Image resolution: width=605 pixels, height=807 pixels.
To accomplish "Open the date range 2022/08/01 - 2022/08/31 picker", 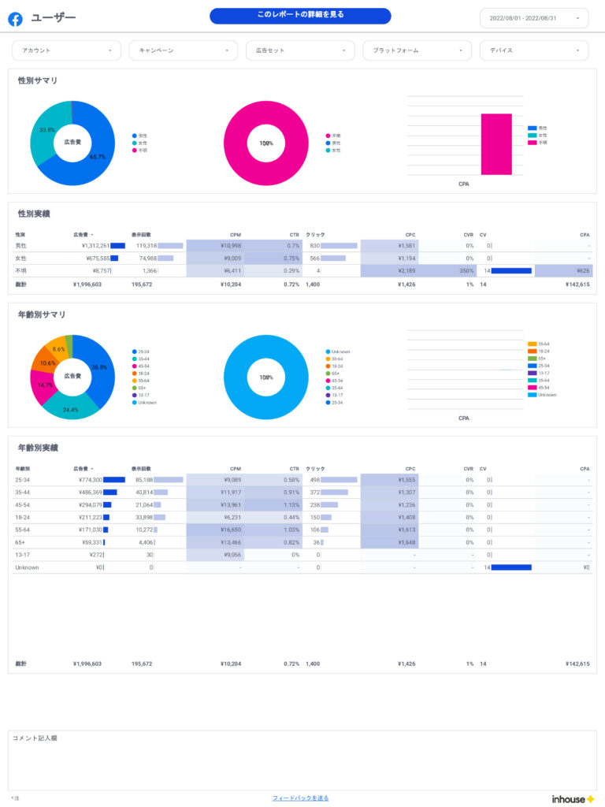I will tap(533, 18).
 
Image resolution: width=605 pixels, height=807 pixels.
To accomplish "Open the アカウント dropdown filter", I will tap(66, 50).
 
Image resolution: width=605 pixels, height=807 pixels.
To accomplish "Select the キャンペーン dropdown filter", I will tap(183, 50).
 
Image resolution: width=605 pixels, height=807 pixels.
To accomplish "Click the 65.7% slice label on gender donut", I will tap(98, 157).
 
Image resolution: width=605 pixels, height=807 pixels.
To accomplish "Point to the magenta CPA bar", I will tap(496, 143).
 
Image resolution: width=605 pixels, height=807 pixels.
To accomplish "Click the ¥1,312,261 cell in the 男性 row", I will tap(91, 246).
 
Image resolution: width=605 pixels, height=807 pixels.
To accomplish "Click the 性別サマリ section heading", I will tap(38, 81).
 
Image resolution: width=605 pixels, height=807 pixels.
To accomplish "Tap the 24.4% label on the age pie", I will tap(71, 410).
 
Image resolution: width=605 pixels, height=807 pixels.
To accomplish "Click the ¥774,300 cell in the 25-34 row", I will tap(90, 479).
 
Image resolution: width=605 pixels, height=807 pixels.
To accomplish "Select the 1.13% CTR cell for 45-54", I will tap(291, 504).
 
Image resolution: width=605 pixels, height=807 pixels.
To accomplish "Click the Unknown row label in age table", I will tap(27, 567).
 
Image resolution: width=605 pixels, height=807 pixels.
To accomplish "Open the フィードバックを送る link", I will tap(300, 798).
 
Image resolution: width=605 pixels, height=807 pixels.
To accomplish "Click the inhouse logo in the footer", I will tap(573, 798).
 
